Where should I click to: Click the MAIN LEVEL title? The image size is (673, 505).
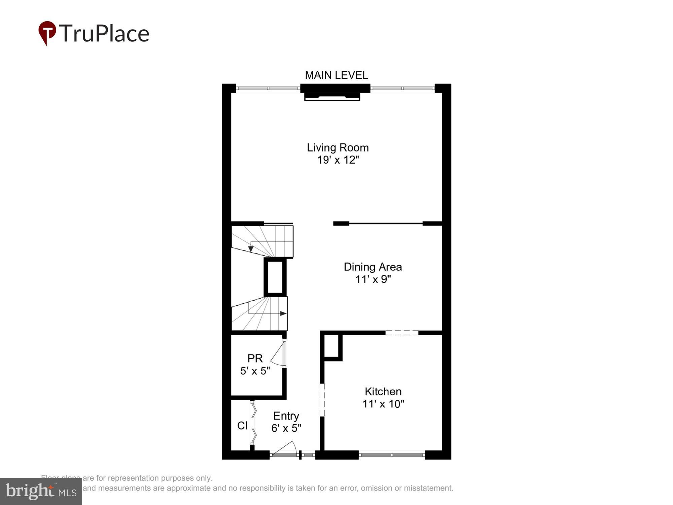click(x=336, y=75)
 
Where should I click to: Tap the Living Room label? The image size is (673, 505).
click(x=338, y=147)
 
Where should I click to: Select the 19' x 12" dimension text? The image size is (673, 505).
click(x=338, y=160)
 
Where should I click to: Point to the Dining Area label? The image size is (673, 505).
click(x=373, y=267)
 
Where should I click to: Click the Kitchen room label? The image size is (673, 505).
click(x=383, y=392)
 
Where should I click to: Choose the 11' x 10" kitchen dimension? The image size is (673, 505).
click(x=383, y=404)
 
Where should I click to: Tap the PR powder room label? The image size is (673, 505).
click(x=255, y=358)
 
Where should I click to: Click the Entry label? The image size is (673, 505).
click(x=286, y=416)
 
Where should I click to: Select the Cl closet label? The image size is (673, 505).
click(x=242, y=426)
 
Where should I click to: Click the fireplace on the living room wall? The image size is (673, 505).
click(x=332, y=96)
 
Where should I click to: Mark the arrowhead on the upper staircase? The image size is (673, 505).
click(x=251, y=249)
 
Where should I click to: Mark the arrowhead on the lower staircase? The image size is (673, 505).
click(x=283, y=313)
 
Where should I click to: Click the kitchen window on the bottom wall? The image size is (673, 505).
click(x=392, y=455)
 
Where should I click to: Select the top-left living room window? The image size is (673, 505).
click(x=268, y=88)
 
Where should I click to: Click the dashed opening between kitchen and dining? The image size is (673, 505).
click(x=402, y=333)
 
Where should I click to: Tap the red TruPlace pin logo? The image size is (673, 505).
click(x=47, y=32)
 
